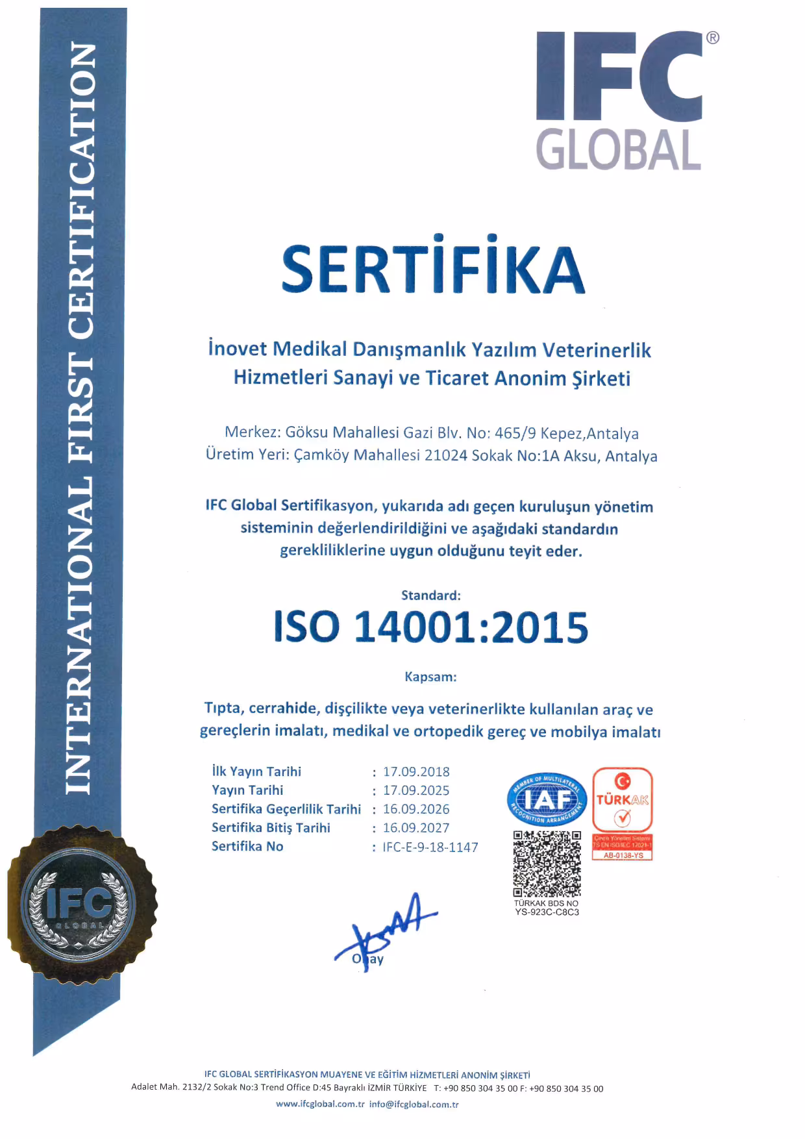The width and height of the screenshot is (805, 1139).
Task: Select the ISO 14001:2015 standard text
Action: tap(431, 627)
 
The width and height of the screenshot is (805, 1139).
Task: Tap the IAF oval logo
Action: tap(547, 800)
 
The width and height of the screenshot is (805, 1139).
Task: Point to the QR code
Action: tap(547, 863)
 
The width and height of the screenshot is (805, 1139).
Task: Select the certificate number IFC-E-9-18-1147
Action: tap(430, 847)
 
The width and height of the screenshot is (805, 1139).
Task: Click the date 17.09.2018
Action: tap(416, 771)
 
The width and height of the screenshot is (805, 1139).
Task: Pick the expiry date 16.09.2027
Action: tap(416, 828)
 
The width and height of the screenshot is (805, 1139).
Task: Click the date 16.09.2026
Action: tap(416, 809)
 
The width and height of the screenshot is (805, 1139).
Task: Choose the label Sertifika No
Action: tap(247, 846)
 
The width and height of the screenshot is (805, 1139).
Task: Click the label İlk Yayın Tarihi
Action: tap(256, 771)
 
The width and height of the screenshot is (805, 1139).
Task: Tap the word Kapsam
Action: tap(430, 677)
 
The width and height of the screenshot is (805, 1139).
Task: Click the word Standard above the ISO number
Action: tap(431, 595)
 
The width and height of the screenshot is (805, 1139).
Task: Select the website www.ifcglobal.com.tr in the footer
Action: tap(320, 1104)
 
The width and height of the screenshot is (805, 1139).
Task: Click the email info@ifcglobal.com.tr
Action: tap(414, 1104)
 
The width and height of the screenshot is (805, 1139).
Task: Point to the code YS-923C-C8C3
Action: tap(547, 912)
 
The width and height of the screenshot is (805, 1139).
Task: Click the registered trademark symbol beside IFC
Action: tap(712, 38)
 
